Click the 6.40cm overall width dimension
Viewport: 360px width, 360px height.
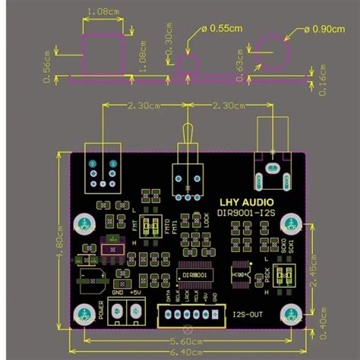tap(186, 351)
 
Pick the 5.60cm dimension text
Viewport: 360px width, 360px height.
tap(186, 341)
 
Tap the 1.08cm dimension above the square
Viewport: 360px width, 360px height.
tap(103, 13)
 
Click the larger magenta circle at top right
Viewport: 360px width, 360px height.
tap(273, 55)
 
